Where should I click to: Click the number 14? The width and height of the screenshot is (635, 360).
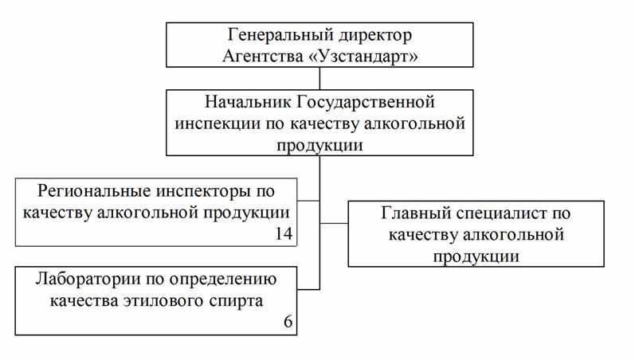tap(281, 233)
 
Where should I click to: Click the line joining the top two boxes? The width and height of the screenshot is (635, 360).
tap(319, 79)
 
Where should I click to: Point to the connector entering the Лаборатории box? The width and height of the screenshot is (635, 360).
tap(309, 288)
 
